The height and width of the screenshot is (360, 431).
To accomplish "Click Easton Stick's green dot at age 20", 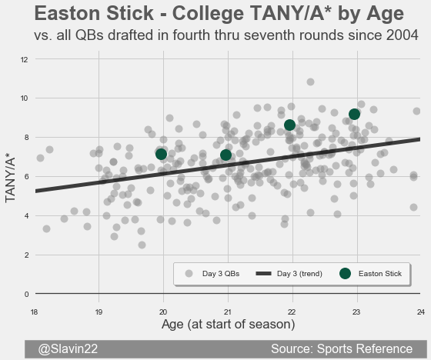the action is (161, 154).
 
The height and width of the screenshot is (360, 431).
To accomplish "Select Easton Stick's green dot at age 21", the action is (226, 155).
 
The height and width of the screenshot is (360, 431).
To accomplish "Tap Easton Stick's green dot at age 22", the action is (289, 125).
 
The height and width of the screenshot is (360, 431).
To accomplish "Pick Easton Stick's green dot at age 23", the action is (354, 114).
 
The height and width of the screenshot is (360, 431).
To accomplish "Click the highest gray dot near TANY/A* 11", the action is (310, 82).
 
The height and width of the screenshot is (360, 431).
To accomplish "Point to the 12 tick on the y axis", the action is (24, 59).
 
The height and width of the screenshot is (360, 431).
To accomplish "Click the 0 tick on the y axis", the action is (26, 294).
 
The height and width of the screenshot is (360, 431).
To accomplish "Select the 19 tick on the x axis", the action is (99, 312).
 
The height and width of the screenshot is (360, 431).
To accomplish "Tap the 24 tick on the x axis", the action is (420, 312).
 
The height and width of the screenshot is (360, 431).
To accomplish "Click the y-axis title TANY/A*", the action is (10, 179).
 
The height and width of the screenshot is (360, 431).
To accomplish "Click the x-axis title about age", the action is (228, 325).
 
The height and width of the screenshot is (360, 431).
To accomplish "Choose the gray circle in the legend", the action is (189, 273).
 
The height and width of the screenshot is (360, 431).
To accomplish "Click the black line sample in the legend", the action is (263, 273).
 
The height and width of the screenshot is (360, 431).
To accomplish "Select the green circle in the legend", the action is (345, 273).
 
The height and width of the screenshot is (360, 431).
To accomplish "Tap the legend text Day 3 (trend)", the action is (299, 274).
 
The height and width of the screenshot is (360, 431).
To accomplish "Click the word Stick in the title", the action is (130, 13).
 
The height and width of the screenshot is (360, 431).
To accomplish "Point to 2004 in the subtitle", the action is (402, 35).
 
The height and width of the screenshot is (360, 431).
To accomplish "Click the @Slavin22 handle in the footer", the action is (68, 348).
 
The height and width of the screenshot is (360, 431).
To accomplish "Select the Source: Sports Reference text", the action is (342, 348).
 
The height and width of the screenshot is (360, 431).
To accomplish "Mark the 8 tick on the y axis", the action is (26, 138).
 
